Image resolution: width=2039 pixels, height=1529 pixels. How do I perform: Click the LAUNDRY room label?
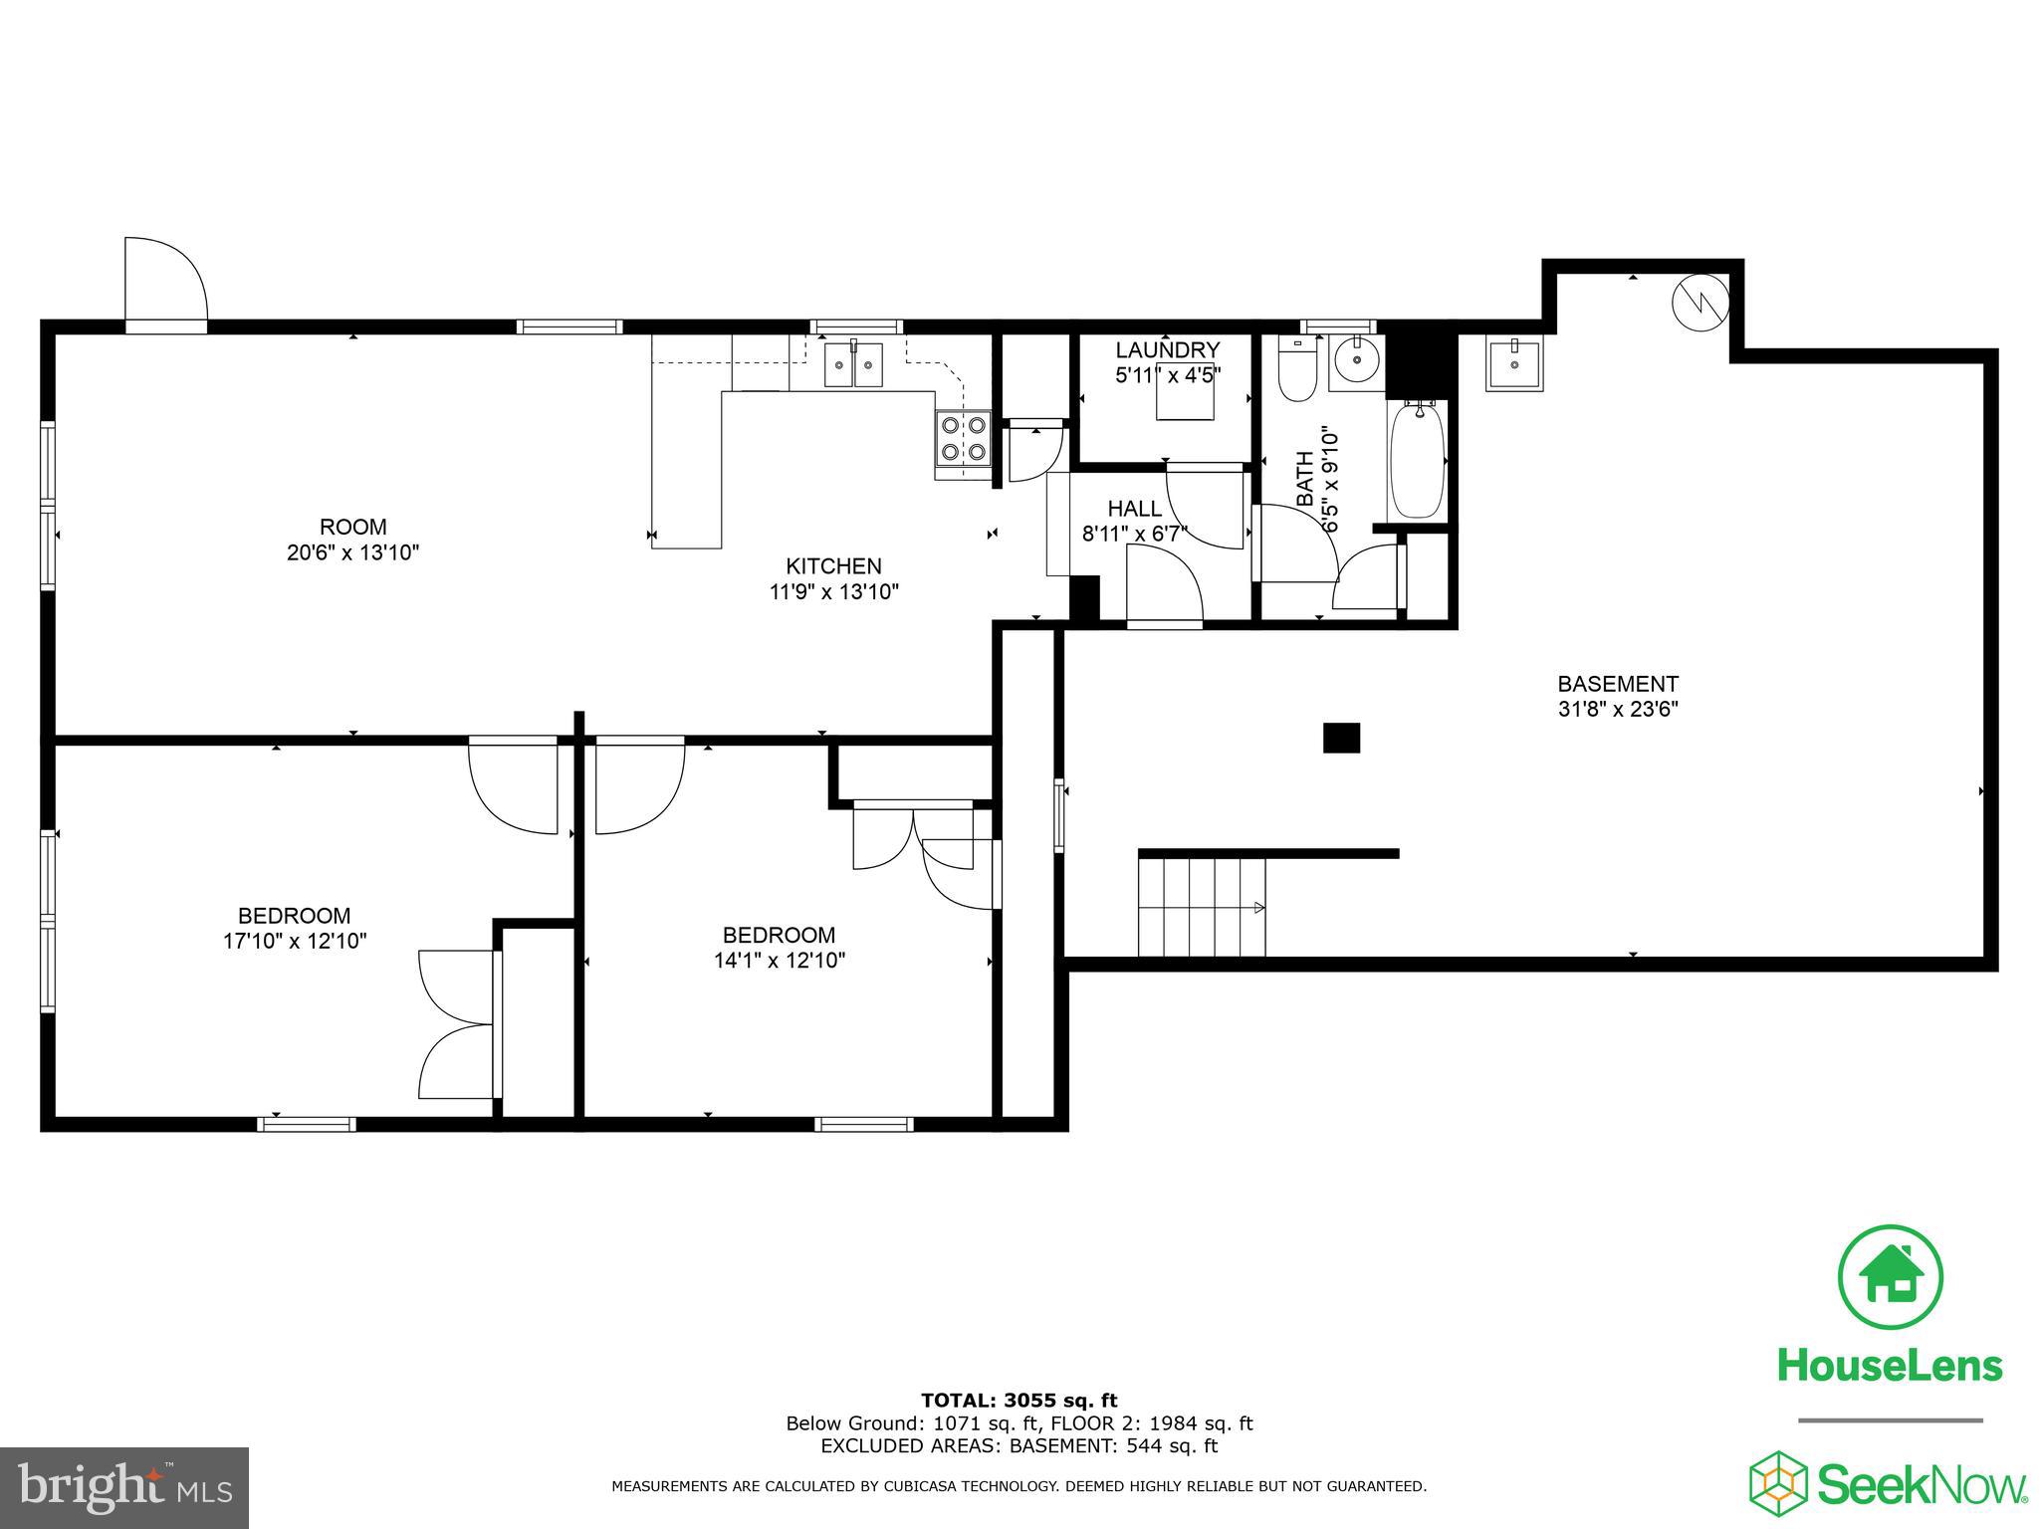1167,350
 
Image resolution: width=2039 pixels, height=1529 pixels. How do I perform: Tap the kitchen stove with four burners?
963,439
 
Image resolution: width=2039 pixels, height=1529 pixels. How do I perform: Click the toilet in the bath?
1297,371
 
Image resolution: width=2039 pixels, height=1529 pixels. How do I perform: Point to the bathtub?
1416,459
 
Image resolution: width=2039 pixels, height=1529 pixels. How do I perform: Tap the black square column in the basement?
1341,738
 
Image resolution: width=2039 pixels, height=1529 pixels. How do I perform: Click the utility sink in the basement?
1513,363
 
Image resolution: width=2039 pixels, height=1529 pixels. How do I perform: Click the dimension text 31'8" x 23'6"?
1618,710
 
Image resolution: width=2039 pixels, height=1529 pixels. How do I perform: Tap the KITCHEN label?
833,566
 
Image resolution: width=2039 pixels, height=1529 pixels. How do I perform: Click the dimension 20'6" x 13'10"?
352,552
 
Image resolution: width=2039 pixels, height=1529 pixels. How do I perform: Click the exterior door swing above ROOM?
164,281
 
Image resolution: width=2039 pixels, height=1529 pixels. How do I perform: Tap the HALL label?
1134,509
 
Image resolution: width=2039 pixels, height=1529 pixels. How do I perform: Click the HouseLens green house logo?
1890,1278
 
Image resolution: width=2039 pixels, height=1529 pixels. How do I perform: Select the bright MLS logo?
124,1487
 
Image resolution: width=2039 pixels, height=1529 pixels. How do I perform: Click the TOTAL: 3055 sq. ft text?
1019,1401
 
